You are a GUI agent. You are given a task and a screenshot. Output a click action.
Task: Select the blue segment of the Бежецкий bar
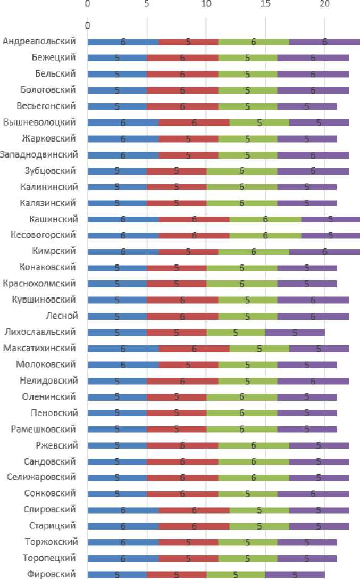pos(117,57)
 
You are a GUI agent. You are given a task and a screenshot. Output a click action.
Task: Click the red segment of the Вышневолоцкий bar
pos(194,122)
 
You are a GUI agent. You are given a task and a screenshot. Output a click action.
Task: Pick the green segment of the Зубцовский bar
pos(241,171)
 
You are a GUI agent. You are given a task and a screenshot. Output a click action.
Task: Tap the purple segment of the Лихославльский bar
pos(295,333)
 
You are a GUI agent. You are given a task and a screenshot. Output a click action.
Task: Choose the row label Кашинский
pos(54,219)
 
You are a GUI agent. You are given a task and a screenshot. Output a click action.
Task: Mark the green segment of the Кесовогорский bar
pos(265,235)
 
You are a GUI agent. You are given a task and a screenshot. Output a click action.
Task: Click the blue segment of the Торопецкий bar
pos(123,558)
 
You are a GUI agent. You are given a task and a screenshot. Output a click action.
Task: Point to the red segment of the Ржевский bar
pos(182,445)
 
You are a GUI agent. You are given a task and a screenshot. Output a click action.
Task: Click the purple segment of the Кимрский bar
pos(324,252)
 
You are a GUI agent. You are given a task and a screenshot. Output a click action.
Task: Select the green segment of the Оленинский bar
pos(241,397)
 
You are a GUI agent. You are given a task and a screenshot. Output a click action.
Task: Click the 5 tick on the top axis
pos(147,4)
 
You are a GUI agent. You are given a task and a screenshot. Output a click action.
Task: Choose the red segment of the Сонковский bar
pos(182,494)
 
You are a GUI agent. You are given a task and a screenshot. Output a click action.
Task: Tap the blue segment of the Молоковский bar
pos(123,365)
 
